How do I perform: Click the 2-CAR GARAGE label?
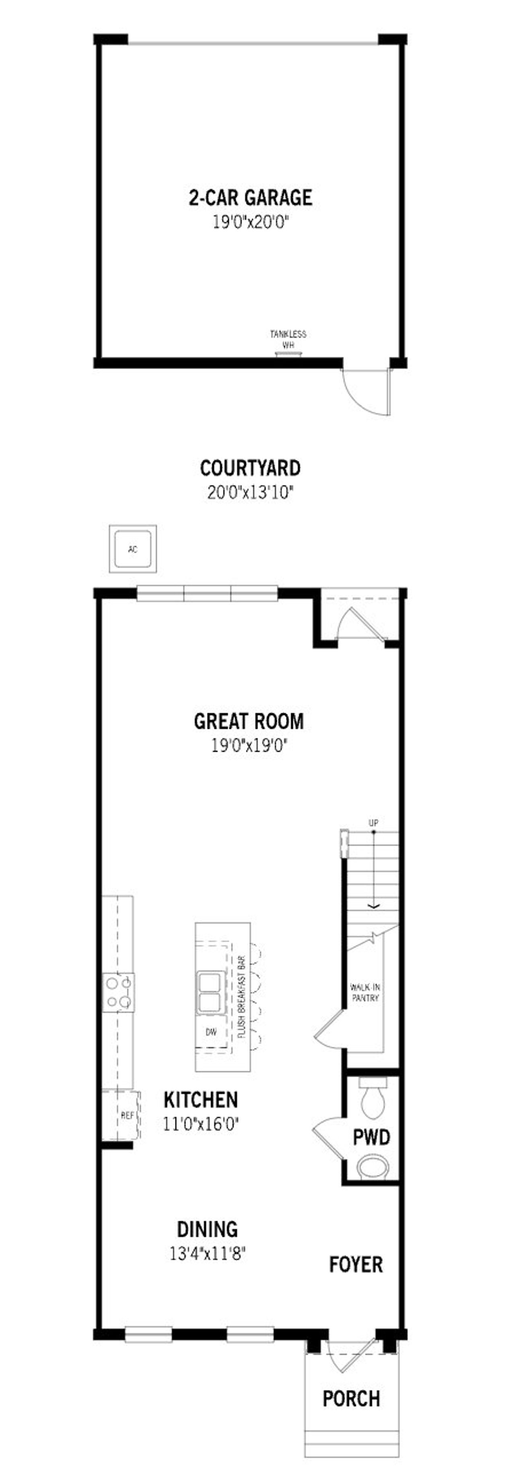point(250,198)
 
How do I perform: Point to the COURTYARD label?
point(250,468)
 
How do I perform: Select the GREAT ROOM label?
point(249,721)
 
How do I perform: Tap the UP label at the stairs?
point(373,823)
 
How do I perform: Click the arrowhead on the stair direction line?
point(373,905)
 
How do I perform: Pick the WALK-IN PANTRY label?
point(365,993)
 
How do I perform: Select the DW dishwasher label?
point(211,1032)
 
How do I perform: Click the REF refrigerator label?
point(127,1115)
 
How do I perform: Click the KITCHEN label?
point(201,1099)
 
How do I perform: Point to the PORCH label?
point(351,1398)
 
